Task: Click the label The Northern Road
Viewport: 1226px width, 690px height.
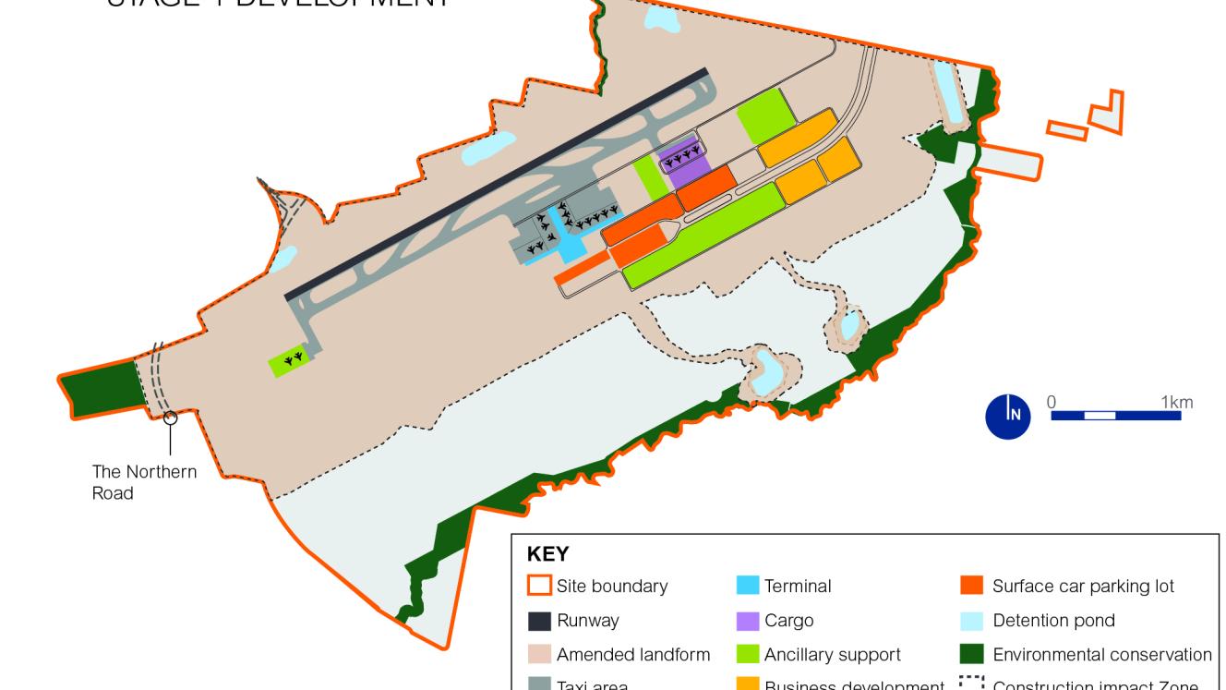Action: coord(143,482)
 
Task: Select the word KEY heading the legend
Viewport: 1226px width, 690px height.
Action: coord(547,554)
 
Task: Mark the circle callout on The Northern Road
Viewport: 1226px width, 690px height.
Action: coord(170,418)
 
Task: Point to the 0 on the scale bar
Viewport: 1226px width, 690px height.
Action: coord(1052,402)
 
